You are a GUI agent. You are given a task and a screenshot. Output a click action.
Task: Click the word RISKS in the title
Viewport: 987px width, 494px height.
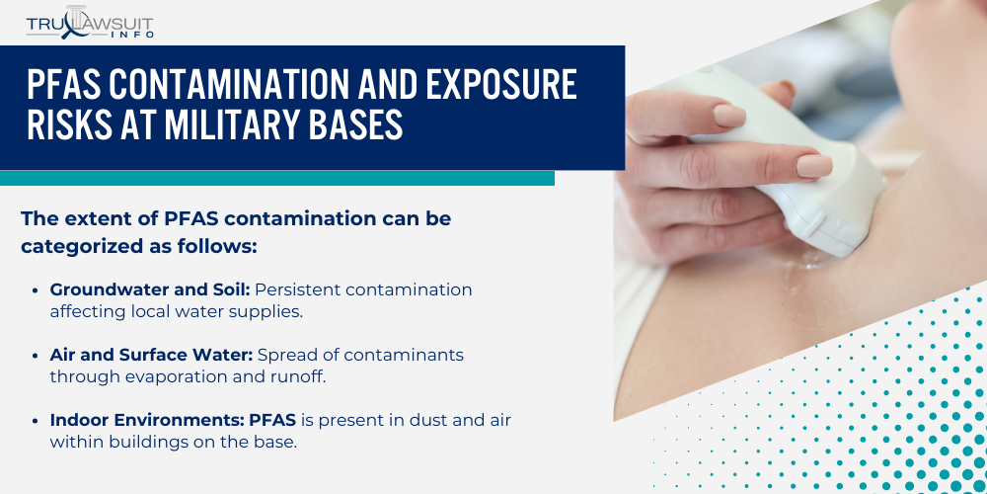tap(74, 126)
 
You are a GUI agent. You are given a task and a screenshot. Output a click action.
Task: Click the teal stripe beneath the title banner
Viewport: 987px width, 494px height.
tap(276, 178)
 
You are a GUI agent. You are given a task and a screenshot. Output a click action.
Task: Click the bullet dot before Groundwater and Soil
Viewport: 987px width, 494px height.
tap(38, 290)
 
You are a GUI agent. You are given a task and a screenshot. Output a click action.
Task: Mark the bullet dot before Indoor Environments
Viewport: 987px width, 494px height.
tap(38, 421)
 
